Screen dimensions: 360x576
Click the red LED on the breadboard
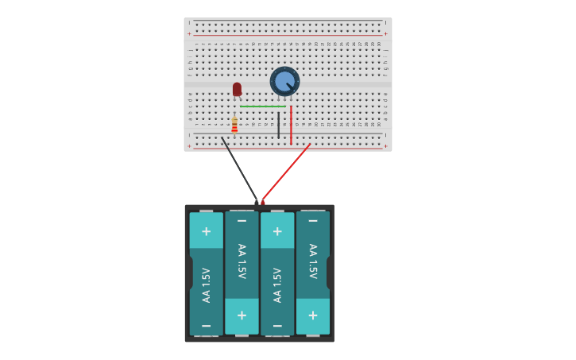(237, 89)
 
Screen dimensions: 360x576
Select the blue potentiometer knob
(284, 81)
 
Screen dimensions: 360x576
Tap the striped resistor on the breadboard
(234, 125)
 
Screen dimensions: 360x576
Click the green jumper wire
(262, 106)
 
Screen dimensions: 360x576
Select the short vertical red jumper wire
(291, 126)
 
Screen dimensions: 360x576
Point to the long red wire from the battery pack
(286, 173)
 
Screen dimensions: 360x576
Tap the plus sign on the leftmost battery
(206, 231)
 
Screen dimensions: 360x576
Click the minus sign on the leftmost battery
(206, 326)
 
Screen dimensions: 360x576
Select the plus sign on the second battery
(242, 315)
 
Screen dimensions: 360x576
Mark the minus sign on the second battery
(242, 220)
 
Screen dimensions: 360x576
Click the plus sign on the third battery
(277, 231)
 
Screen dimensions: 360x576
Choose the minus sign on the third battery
(277, 326)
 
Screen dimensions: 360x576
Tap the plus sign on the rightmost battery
(313, 315)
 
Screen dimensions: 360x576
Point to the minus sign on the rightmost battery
(313, 220)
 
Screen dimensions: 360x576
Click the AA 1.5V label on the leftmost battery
(207, 285)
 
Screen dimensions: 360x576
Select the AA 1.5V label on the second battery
(242, 261)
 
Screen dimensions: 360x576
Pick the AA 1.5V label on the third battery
(277, 285)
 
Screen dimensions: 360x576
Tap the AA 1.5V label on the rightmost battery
(313, 261)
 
